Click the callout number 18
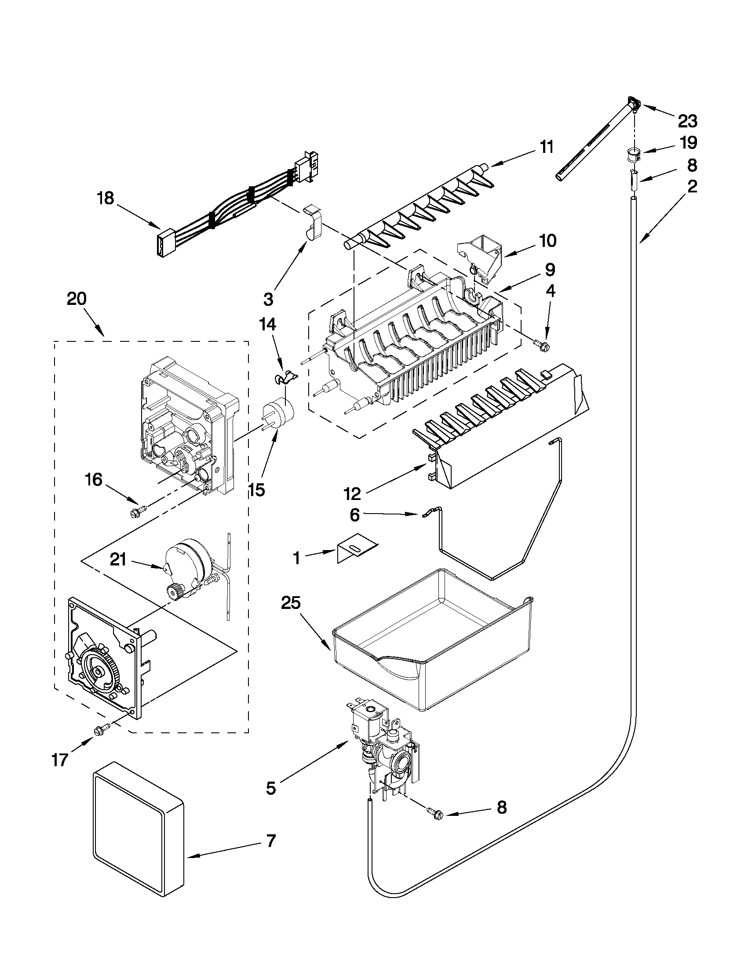[106, 198]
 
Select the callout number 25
[290, 604]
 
